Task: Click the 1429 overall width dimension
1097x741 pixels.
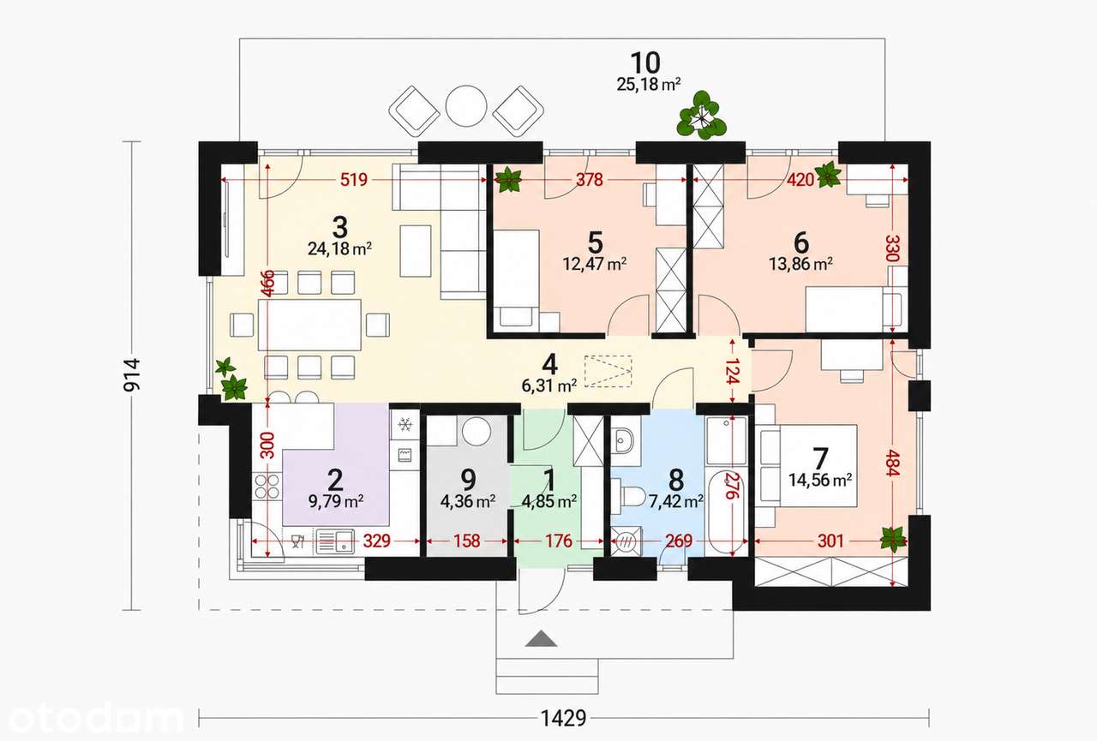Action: coord(563,718)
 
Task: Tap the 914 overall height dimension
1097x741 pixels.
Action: coord(132,375)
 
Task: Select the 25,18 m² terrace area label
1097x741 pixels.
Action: coord(649,85)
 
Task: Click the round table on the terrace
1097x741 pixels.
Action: coord(466,106)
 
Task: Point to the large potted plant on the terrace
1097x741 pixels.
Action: coord(701,116)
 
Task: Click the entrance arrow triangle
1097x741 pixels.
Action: coord(541,639)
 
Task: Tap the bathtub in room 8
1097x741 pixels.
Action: coord(726,514)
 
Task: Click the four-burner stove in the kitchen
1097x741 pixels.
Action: coord(267,486)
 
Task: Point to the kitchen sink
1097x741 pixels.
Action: coord(335,541)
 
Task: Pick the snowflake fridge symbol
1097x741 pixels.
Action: coord(405,424)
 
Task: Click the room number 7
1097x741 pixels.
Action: coord(820,458)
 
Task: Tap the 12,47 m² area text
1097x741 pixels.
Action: coord(595,265)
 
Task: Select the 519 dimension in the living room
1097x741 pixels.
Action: coord(354,180)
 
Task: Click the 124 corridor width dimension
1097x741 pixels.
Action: coord(731,370)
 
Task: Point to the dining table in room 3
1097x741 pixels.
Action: coord(309,325)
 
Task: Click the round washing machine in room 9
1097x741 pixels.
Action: coord(477,432)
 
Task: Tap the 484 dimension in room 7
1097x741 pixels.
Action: coord(892,463)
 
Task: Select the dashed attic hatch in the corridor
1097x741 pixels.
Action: coord(608,372)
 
